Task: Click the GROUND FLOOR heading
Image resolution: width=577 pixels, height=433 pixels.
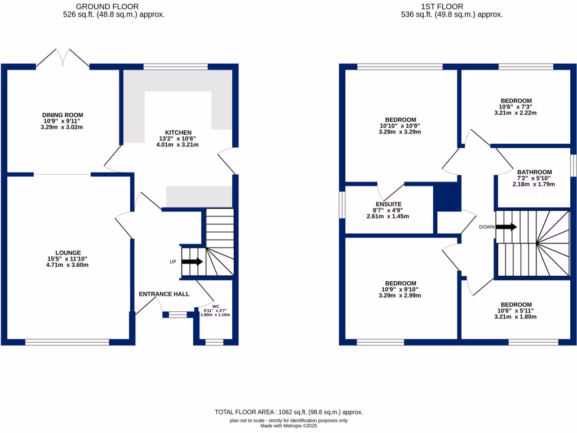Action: point(114,7)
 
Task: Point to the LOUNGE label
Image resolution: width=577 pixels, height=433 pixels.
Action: point(68,253)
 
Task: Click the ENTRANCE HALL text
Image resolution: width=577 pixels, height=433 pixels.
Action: point(164,294)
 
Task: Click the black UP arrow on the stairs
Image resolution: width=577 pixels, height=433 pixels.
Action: point(192,262)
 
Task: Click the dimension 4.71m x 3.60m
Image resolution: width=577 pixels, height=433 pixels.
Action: point(68,264)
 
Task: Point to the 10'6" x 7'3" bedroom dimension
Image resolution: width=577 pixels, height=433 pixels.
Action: point(515,107)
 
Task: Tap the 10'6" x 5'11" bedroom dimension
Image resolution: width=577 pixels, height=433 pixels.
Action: point(515,310)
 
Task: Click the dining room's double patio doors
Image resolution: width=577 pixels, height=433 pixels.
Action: point(63,58)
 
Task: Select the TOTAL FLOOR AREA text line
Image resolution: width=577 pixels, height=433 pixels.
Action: point(288,412)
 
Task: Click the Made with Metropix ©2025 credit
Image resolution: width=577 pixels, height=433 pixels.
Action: point(288,426)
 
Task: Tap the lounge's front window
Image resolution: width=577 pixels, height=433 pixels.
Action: point(67,342)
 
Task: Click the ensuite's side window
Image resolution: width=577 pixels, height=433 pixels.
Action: point(341,204)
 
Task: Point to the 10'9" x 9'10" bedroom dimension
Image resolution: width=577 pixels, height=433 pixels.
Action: point(401,289)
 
